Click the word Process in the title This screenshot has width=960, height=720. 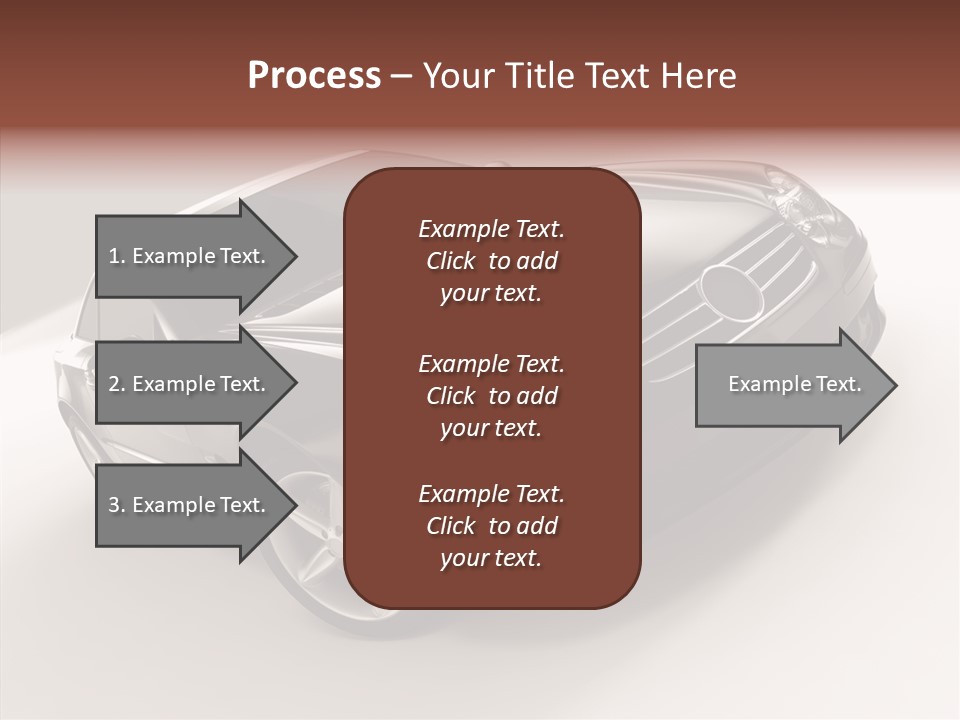click(314, 76)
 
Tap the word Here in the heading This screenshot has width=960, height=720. click(700, 76)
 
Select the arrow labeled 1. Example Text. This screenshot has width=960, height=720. click(186, 256)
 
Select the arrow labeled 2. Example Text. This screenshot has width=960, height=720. click(186, 384)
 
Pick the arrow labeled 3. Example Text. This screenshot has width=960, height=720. click(186, 505)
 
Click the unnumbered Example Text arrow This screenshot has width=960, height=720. click(794, 384)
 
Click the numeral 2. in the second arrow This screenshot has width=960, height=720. click(116, 384)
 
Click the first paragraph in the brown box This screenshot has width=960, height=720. click(491, 261)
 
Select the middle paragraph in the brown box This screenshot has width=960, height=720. click(491, 395)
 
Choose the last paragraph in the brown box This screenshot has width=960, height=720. click(491, 526)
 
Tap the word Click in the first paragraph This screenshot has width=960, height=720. click(451, 261)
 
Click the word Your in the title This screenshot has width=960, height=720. click(455, 76)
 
